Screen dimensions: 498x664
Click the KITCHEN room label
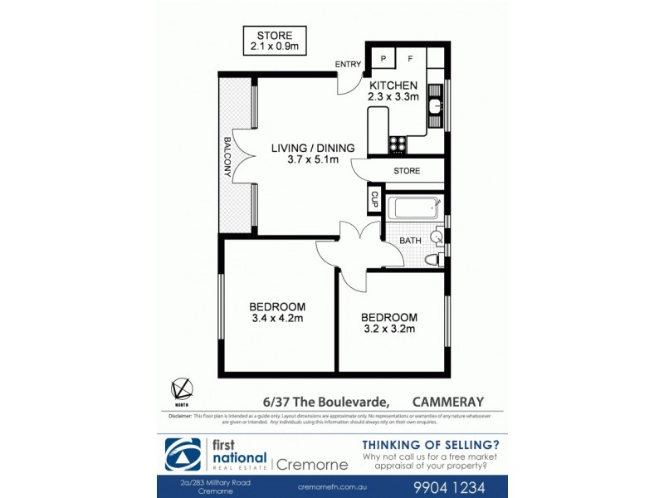(393, 85)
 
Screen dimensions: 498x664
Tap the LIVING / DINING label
(313, 149)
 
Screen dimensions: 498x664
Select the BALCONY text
(227, 157)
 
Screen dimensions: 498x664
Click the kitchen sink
(435, 106)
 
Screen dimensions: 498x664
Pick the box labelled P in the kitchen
(383, 58)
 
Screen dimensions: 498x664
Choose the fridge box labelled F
(410, 58)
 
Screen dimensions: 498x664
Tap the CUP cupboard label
(374, 199)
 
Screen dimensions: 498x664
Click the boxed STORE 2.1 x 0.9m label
(274, 41)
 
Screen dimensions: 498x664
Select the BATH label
(410, 241)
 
